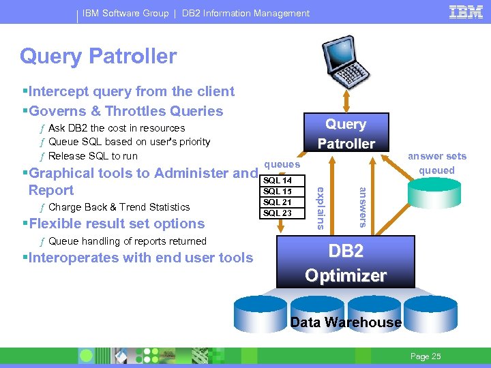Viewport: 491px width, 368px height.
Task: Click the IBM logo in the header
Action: [466, 12]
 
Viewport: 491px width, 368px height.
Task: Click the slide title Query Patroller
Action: [98, 56]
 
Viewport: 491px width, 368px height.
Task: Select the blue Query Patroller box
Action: [346, 134]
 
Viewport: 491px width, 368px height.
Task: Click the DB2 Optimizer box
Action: [346, 262]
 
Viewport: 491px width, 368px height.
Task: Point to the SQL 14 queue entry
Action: [277, 181]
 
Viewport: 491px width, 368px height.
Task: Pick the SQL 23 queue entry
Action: [277, 213]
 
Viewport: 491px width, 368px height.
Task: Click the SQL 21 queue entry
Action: [277, 202]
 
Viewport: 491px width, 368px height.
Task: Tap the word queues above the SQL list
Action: [282, 164]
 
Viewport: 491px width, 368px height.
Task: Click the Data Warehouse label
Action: [346, 322]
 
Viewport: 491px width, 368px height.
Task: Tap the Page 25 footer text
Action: [426, 356]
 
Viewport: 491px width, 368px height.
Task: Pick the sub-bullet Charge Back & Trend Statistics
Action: [119, 207]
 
